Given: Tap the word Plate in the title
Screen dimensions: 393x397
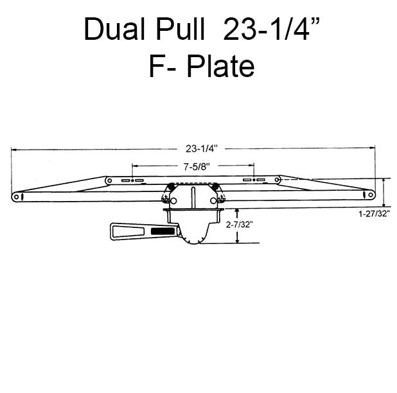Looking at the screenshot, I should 220,66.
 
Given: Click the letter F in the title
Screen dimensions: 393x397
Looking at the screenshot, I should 156,66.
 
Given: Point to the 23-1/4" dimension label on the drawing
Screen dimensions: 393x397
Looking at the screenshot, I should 202,149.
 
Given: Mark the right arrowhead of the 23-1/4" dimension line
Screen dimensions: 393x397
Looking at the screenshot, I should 374,149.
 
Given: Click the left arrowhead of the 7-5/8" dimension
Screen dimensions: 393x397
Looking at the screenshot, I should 134,166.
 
